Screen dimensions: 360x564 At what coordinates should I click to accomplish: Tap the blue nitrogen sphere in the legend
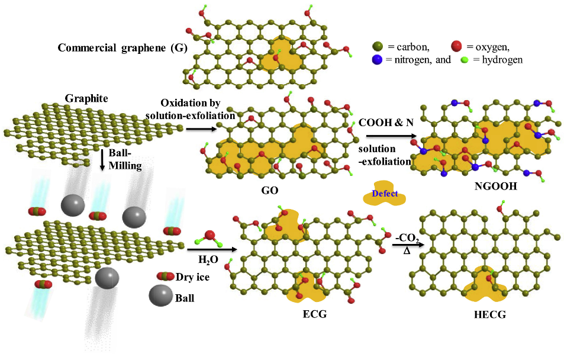tap(378, 59)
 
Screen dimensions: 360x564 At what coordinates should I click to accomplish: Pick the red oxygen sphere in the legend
tap(456, 46)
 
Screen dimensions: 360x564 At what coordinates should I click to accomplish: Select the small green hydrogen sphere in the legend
tap(464, 60)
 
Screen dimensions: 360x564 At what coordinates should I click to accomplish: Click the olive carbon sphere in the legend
tap(378, 46)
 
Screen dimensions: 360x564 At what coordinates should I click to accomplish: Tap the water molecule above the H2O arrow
tap(211, 239)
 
